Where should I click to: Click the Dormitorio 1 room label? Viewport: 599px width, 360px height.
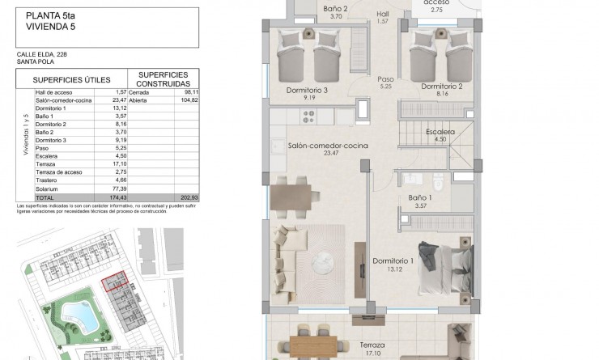[x=393, y=260]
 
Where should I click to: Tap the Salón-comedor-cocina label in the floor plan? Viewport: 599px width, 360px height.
[x=328, y=145]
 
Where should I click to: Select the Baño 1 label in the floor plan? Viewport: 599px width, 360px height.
[x=420, y=197]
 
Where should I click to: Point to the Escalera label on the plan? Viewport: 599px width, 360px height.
[x=440, y=131]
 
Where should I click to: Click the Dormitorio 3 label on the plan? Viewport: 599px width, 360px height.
[x=308, y=91]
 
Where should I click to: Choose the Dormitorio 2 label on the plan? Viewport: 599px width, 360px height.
[x=442, y=86]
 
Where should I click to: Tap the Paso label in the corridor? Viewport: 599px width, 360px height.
[x=385, y=78]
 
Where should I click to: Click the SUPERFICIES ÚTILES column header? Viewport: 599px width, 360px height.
[x=66, y=80]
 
